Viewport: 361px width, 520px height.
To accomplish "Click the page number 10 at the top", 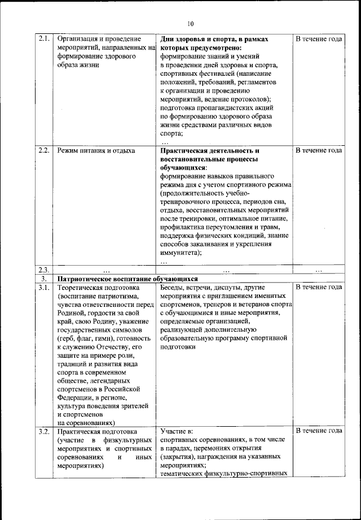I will point(190,24).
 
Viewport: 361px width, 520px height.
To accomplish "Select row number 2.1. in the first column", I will point(45,39).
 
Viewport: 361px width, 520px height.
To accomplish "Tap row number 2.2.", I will point(45,151).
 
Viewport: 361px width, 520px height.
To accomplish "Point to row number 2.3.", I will point(45,270).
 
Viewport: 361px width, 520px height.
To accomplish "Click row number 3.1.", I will point(45,287).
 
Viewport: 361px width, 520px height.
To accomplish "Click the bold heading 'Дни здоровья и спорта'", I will point(203,39).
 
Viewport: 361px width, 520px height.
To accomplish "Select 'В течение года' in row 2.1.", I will point(319,39).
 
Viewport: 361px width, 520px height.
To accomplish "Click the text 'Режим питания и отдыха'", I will point(96,151).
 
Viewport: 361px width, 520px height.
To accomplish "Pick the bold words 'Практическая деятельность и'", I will point(209,151).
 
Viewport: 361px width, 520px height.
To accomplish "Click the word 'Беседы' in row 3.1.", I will point(173,287).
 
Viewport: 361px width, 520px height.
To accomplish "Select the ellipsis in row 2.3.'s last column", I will point(319,270).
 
